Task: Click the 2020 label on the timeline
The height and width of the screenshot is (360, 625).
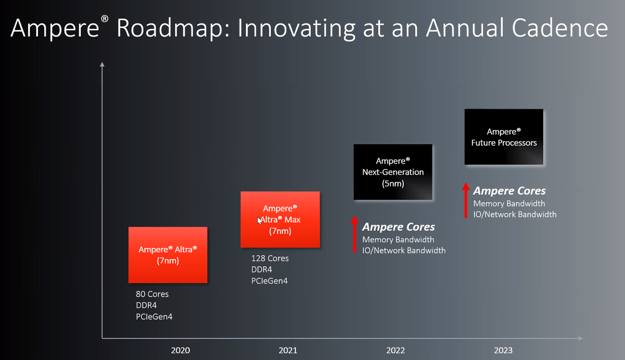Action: (180, 350)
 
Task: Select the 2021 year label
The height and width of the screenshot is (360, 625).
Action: (288, 350)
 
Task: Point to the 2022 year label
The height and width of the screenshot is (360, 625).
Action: (395, 350)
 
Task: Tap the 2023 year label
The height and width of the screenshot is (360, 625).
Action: (503, 350)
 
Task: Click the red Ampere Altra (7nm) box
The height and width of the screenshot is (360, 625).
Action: (168, 255)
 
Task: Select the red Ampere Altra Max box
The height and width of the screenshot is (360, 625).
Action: (280, 219)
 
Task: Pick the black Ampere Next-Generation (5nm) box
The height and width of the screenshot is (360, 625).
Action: (393, 172)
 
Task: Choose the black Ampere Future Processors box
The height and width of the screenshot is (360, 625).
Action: (504, 137)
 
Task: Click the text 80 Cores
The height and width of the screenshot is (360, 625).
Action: (152, 294)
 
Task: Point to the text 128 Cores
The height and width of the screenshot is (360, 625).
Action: (270, 258)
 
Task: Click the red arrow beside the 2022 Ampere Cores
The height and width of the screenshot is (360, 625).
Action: (354, 234)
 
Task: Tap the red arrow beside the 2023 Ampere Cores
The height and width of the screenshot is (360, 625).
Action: (466, 200)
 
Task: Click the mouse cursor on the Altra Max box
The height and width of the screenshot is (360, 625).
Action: (259, 220)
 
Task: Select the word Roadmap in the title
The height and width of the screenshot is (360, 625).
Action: (173, 29)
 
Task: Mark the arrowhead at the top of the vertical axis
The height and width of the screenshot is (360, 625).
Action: (102, 65)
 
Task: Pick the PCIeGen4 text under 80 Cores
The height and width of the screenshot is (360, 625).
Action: (154, 317)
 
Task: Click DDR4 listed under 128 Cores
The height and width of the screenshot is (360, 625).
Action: (261, 270)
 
